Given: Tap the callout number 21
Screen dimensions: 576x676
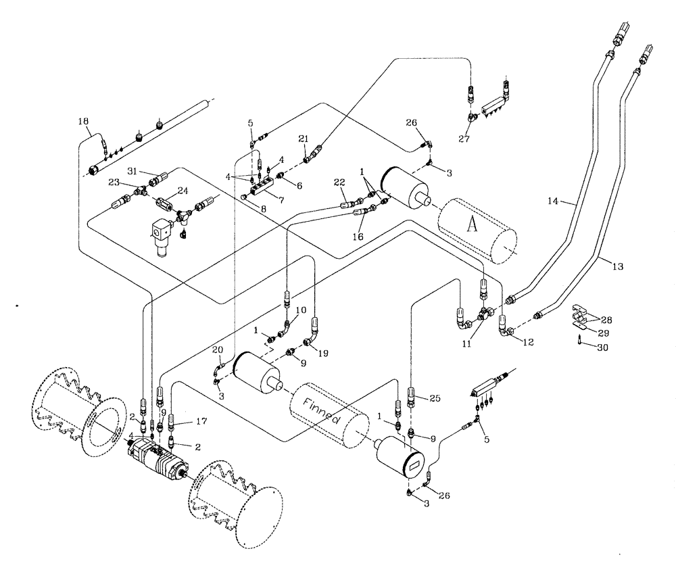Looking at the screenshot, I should (304, 139).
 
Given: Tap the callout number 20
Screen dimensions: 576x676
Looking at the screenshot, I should (216, 350).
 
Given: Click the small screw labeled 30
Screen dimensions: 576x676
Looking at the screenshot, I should (580, 341).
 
